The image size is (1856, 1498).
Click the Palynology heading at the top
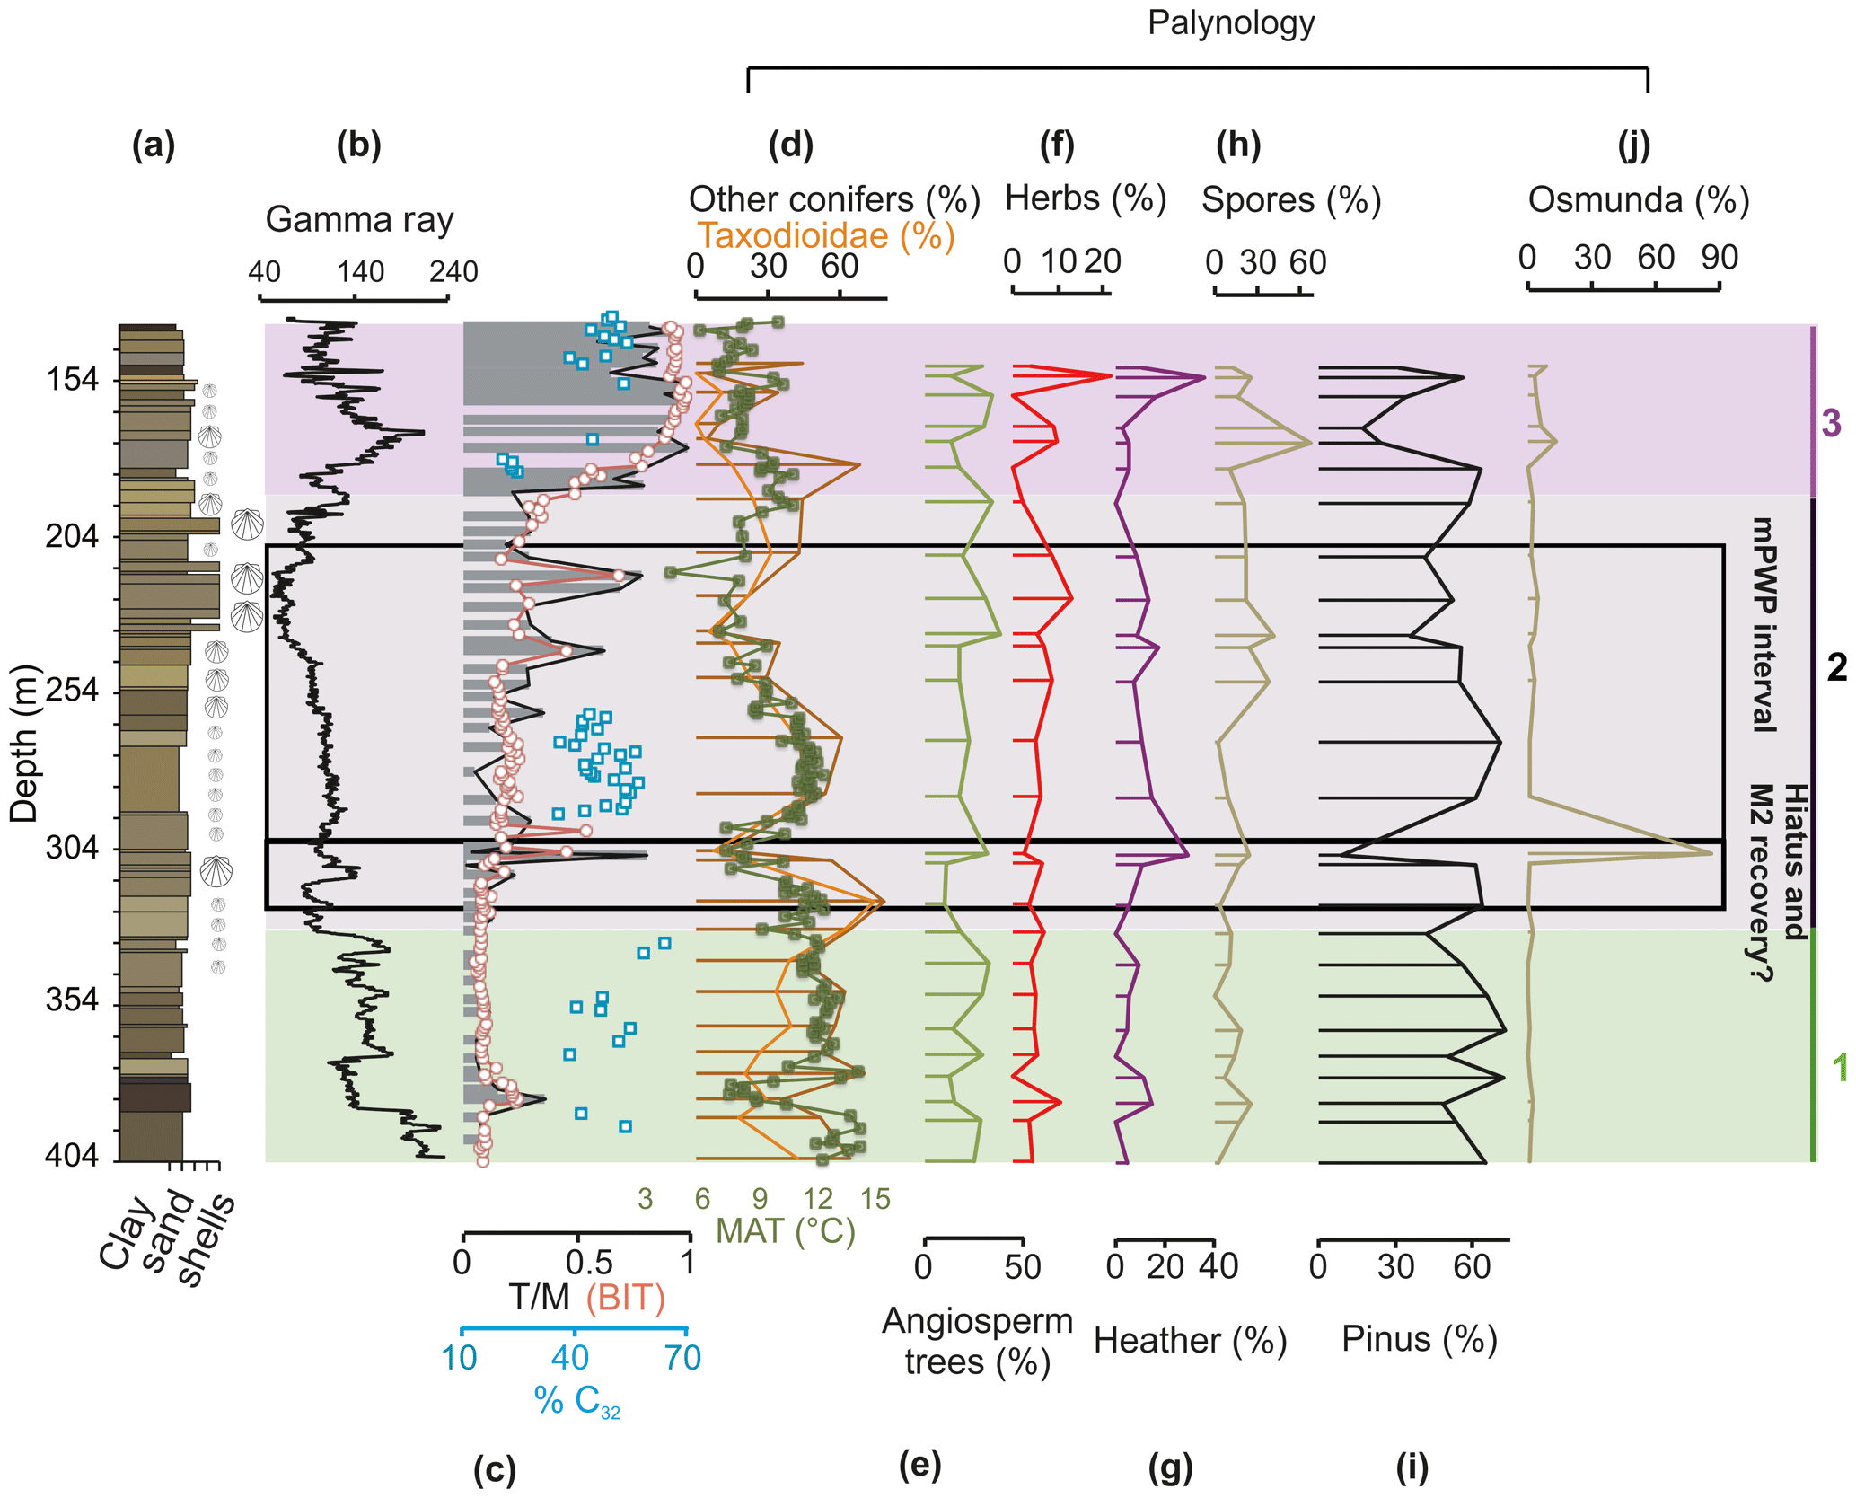click(x=1230, y=22)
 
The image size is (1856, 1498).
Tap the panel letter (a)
click(x=154, y=145)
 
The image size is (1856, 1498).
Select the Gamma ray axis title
click(x=359, y=219)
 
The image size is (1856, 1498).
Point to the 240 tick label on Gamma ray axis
click(x=453, y=271)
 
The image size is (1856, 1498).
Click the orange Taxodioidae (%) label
click(x=826, y=236)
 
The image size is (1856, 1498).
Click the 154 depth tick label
click(x=73, y=380)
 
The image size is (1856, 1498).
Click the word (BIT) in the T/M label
click(x=625, y=1298)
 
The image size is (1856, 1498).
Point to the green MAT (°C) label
click(x=786, y=1230)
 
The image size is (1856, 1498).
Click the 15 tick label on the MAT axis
click(x=875, y=1198)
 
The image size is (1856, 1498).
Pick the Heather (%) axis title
click(x=1190, y=1341)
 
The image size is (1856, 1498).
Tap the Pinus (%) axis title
click(x=1419, y=1339)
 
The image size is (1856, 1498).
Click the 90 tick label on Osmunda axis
click(x=1720, y=258)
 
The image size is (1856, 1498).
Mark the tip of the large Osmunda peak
click(x=1711, y=852)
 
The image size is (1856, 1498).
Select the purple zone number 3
click(x=1831, y=423)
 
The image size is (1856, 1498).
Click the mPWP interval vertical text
click(x=1764, y=624)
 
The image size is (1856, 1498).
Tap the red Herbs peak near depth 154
click(x=1111, y=376)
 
